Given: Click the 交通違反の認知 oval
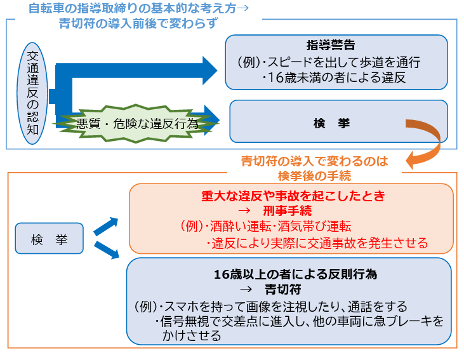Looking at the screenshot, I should [x=33, y=93].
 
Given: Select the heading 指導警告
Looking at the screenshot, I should [x=331, y=46].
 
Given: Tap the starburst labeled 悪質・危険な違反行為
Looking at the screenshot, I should [x=136, y=124].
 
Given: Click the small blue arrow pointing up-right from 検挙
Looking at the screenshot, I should [x=106, y=226].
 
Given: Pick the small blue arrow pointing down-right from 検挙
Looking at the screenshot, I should [x=106, y=250].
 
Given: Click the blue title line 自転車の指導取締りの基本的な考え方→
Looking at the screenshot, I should [x=138, y=9].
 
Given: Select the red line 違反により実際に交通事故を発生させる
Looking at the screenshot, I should [x=317, y=243].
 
